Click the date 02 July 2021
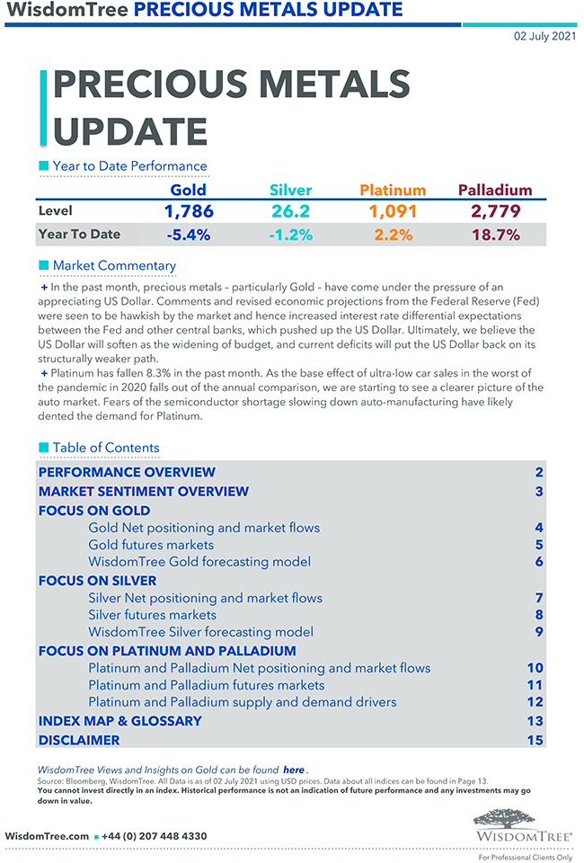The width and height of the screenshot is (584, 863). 543,37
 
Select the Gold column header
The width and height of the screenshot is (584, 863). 188,190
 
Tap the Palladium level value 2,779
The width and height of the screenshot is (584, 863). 495,211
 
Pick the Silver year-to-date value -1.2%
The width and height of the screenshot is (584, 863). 289,235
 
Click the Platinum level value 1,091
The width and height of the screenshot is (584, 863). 393,211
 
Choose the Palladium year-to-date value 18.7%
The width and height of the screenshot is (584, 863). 495,235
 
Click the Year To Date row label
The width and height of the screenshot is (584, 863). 79,235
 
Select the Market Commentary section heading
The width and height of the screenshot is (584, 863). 114,265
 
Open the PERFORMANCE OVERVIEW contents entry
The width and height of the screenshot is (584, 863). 127,472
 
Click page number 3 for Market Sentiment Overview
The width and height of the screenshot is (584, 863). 539,492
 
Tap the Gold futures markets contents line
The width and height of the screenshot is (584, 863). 151,544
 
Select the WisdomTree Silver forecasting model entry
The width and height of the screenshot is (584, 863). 200,632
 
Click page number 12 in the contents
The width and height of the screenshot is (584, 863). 535,702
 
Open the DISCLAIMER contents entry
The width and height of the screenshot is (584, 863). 79,740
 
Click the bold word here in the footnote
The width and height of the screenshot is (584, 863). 294,770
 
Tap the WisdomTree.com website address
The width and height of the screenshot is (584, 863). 47,836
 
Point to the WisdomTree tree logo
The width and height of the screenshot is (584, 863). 522,819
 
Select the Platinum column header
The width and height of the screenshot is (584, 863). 393,190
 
